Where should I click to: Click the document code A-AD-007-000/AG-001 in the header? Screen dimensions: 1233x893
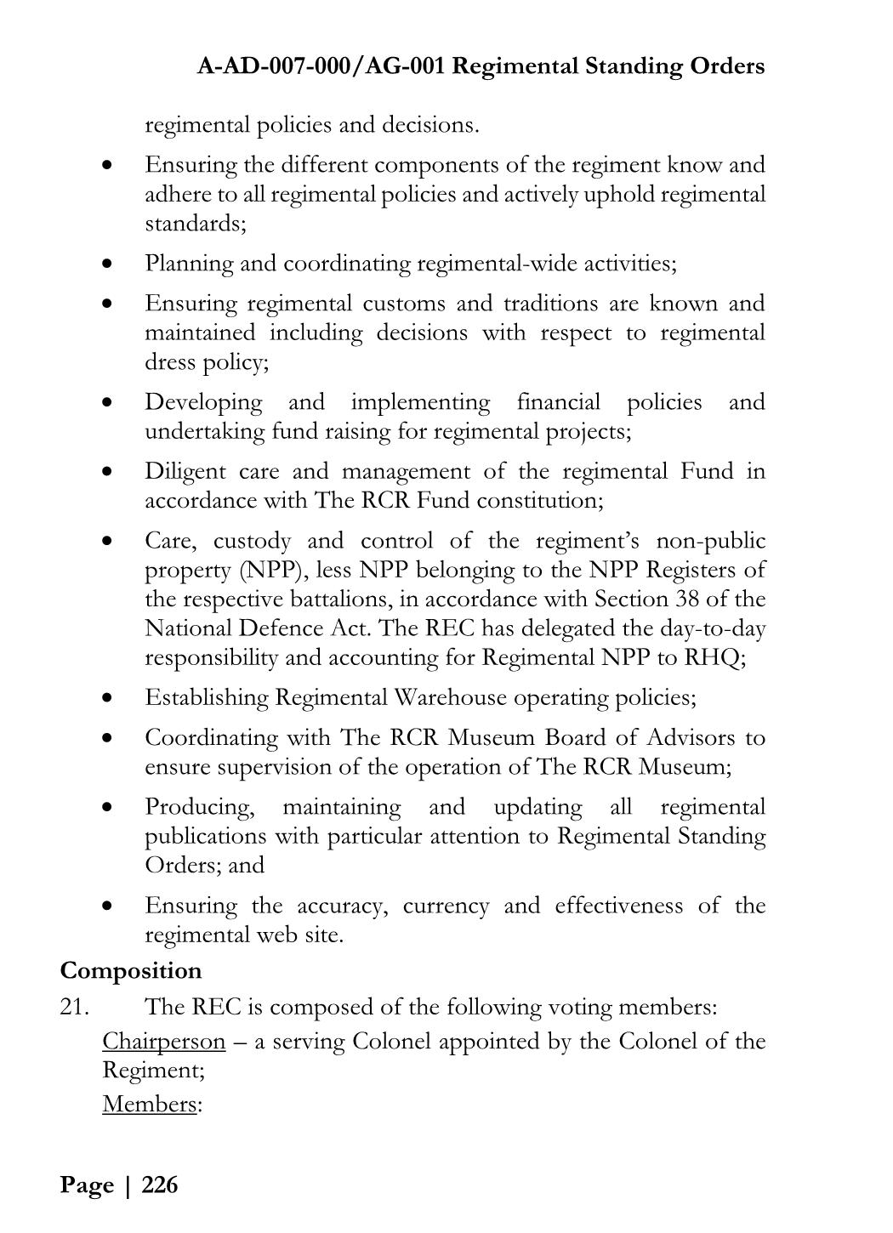point(321,66)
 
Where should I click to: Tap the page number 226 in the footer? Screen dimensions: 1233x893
point(160,1185)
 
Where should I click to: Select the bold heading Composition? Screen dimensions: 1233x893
point(131,970)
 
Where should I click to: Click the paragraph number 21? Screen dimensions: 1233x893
point(74,1007)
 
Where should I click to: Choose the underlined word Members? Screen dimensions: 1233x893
point(149,1104)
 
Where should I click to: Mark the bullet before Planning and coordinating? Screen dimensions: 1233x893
point(106,264)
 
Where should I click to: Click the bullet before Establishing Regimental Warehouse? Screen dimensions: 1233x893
point(106,698)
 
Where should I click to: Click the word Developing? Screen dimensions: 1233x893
point(203,401)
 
